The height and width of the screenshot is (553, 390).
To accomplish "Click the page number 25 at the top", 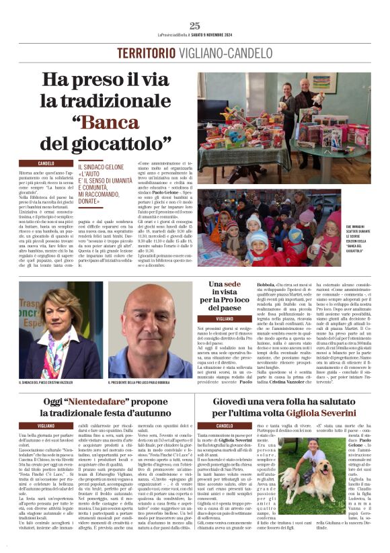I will (194, 26).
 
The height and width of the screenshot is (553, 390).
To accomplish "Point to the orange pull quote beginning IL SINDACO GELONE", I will (104, 182).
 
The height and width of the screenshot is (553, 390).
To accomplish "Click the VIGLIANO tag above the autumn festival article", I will (46, 426).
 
